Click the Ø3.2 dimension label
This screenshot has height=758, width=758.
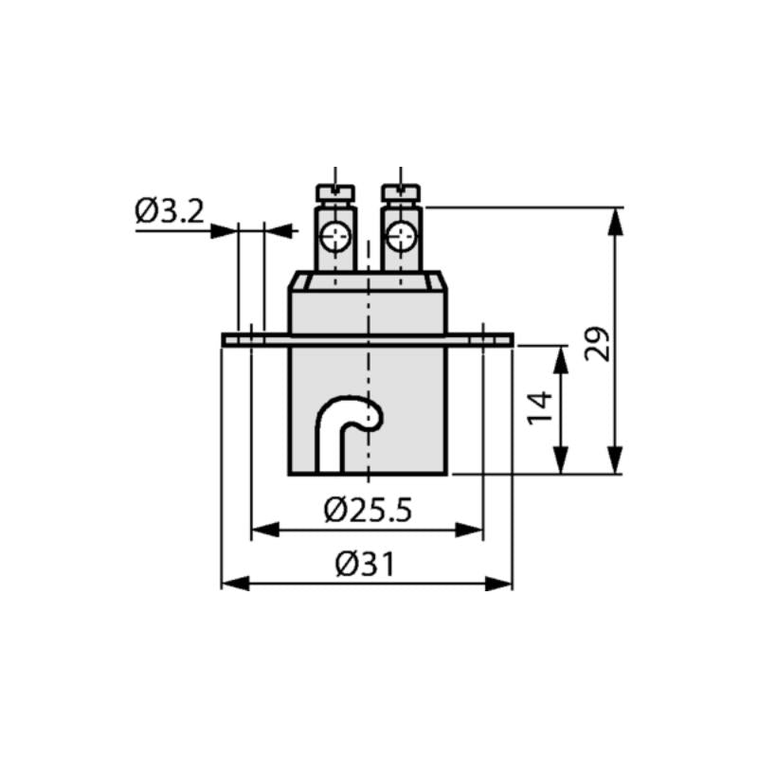(169, 211)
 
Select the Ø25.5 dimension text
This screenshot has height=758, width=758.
(368, 512)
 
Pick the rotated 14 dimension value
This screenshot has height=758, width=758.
(541, 407)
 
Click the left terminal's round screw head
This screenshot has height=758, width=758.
(334, 236)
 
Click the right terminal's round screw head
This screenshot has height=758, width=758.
(402, 236)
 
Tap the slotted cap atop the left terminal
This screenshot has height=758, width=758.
(334, 193)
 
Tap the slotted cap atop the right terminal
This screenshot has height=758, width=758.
(402, 193)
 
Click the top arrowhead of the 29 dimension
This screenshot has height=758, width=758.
(617, 220)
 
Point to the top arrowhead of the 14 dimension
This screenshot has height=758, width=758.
(563, 359)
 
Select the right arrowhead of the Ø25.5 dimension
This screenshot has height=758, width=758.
(470, 530)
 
